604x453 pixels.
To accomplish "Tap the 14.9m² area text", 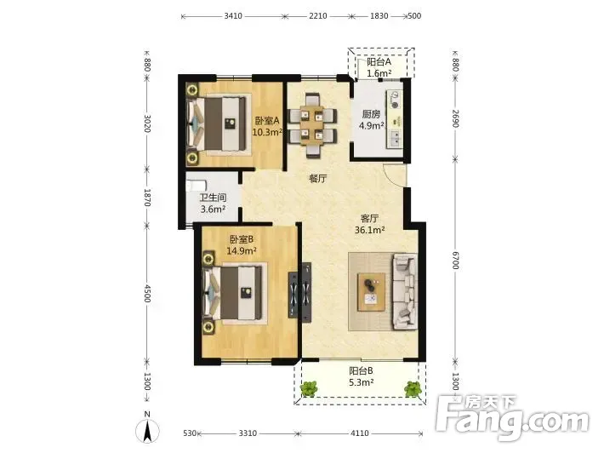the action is (242, 251).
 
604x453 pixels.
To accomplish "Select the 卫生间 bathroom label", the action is (213, 198).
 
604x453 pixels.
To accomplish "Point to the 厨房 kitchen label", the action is (371, 114).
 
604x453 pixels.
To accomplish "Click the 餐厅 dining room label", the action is (318, 179).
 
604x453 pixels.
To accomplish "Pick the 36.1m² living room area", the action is (370, 230).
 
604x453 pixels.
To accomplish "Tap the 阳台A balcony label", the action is (379, 61).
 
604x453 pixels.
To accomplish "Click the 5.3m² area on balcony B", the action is (362, 382).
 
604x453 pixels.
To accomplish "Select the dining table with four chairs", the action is (313, 125).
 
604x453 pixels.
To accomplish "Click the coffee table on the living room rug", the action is (372, 292).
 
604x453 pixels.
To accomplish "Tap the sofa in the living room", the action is (405, 291).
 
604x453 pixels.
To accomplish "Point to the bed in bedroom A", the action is (216, 123).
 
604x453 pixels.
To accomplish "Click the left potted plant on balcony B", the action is (309, 388).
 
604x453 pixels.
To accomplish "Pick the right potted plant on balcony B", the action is (413, 388).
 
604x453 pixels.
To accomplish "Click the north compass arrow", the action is (147, 431).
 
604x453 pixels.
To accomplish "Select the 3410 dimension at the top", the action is (233, 16).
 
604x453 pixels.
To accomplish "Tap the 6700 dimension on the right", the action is (456, 261).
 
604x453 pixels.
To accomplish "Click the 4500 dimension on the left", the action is (147, 294).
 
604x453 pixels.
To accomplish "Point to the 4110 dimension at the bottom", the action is (359, 433).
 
